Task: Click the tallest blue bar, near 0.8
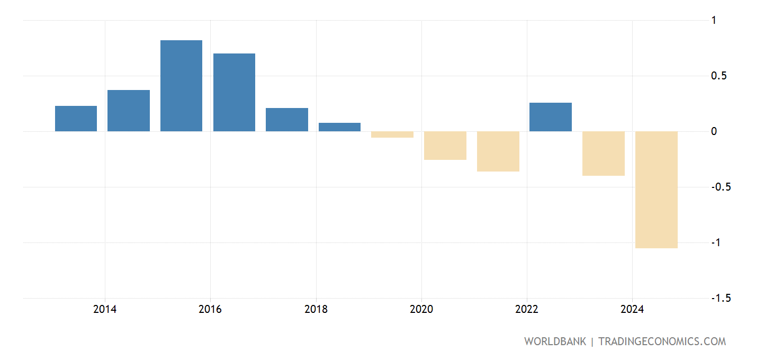[181, 86]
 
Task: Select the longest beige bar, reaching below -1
[656, 190]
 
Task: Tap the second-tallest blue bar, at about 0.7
[234, 92]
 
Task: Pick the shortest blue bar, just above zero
[339, 127]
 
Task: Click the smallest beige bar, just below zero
[392, 134]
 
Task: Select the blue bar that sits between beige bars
[551, 117]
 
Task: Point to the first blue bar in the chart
[76, 119]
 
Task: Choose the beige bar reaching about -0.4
[604, 154]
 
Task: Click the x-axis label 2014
[105, 310]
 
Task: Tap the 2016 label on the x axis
[210, 310]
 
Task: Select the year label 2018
[316, 310]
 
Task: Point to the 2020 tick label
[421, 310]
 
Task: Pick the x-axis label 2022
[527, 310]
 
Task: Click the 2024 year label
[632, 310]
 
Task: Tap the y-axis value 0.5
[718, 76]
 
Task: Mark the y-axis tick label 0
[714, 131]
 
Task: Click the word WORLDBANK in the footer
[555, 341]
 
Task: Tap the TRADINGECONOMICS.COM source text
[662, 341]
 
